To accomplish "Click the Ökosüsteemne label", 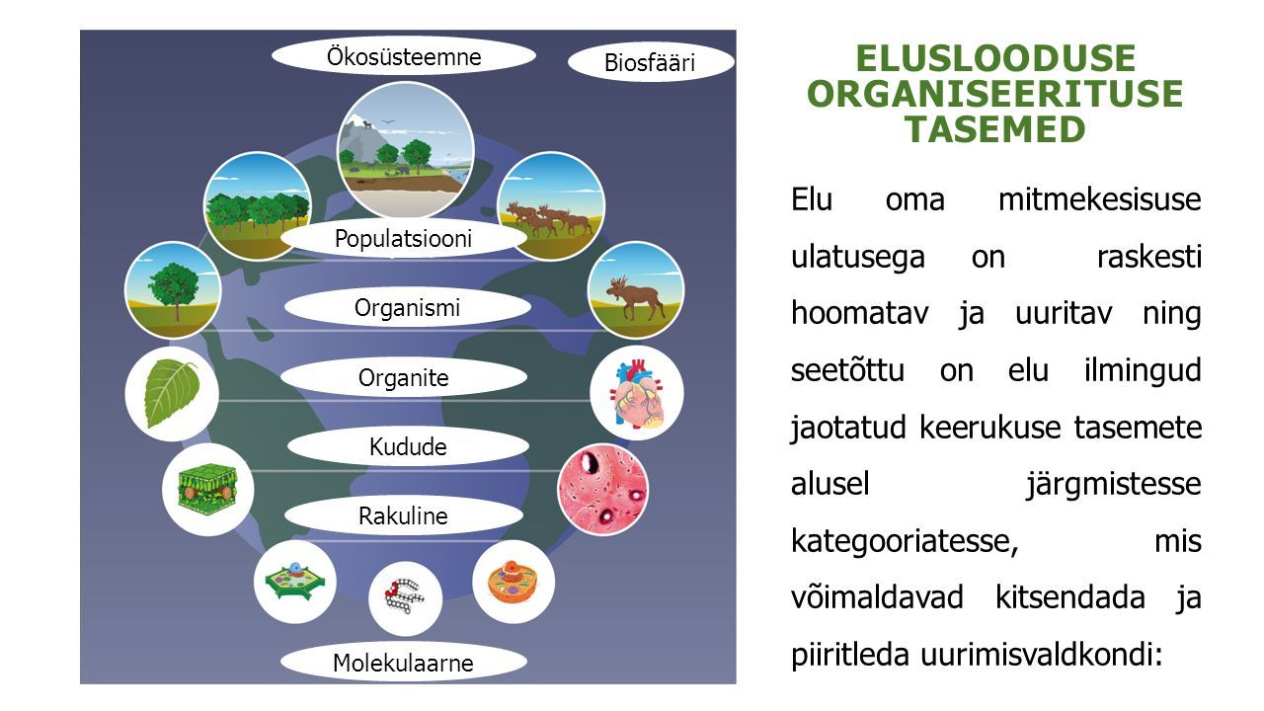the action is pyautogui.click(x=404, y=57).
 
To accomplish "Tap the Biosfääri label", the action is pyautogui.click(x=650, y=62).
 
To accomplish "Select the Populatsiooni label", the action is pyautogui.click(x=404, y=239).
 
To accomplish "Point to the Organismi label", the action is pyautogui.click(x=408, y=308).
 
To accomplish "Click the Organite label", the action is pyautogui.click(x=404, y=377).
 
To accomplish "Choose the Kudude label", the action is pyautogui.click(x=408, y=447).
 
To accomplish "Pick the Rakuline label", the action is pyautogui.click(x=404, y=516).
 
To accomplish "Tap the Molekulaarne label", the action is pyautogui.click(x=404, y=663).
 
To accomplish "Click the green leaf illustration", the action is pyautogui.click(x=171, y=393).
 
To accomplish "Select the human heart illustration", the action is pyautogui.click(x=637, y=393).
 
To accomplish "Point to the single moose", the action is pyautogui.click(x=635, y=298).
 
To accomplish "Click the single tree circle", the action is pyautogui.click(x=173, y=290).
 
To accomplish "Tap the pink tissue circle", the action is pyautogui.click(x=602, y=489).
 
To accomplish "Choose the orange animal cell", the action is pyautogui.click(x=513, y=583).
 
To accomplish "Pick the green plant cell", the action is pyautogui.click(x=295, y=582).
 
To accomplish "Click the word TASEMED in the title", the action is pyautogui.click(x=995, y=129).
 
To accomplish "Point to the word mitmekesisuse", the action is pyautogui.click(x=1100, y=200).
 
